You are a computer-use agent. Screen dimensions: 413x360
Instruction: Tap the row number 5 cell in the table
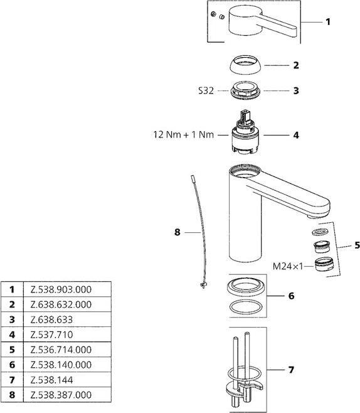(11, 350)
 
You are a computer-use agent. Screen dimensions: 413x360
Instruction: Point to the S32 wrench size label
(205, 90)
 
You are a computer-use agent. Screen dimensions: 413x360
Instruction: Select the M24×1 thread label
(287, 266)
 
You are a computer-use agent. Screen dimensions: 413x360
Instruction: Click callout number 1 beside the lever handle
(327, 22)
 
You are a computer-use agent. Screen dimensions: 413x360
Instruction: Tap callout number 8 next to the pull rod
(177, 232)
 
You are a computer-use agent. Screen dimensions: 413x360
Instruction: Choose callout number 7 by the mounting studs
(290, 370)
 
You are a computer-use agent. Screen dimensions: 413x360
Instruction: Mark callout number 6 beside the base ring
(290, 295)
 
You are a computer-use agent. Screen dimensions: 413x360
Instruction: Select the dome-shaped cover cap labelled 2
(245, 65)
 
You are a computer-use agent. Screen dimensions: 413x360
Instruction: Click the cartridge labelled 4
(245, 135)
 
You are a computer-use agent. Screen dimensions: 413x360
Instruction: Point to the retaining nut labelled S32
(245, 90)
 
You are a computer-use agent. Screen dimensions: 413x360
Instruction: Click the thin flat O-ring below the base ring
(245, 307)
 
